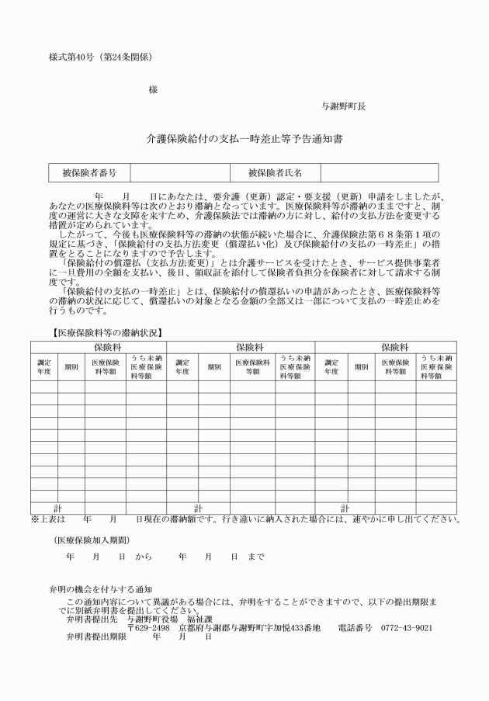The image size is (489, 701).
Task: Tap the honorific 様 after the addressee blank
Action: point(153,90)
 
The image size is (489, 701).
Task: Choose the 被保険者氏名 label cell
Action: point(275,172)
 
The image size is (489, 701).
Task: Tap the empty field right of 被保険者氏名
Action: point(379,172)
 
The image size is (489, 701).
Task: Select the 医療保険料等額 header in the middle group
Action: point(252,366)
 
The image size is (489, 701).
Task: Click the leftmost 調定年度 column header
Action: point(43,366)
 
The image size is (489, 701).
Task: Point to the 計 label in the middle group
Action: point(197,508)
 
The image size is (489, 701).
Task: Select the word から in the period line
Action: point(144,557)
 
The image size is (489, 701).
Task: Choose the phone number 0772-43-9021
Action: point(407,627)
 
